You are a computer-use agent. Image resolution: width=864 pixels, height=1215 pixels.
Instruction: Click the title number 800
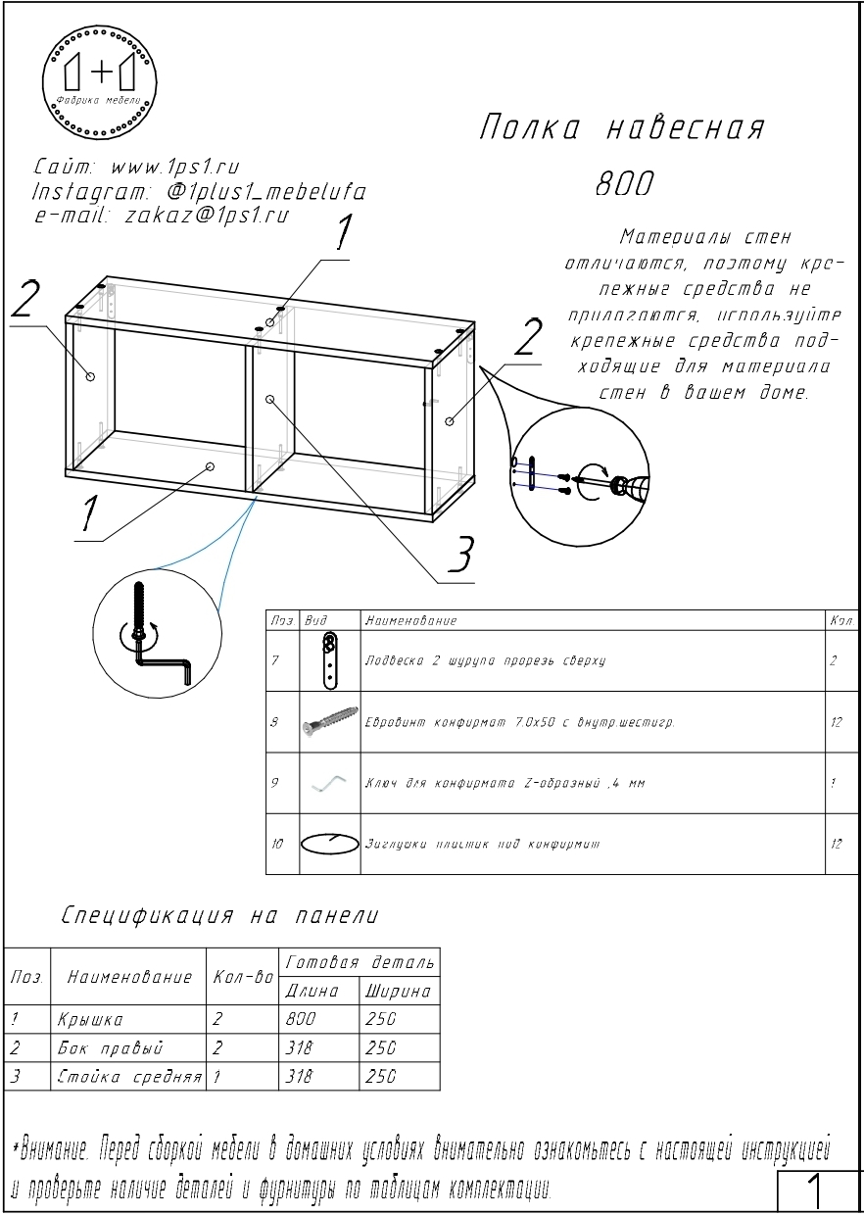click(624, 183)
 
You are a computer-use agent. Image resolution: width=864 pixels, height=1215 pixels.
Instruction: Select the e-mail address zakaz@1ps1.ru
click(207, 216)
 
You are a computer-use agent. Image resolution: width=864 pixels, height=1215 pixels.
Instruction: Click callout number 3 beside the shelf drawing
click(459, 555)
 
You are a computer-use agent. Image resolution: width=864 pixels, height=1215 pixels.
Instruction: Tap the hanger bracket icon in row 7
click(331, 660)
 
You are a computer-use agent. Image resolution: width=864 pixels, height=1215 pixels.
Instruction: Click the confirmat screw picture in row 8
click(331, 723)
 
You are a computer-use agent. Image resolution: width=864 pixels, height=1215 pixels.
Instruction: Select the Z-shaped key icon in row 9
click(330, 783)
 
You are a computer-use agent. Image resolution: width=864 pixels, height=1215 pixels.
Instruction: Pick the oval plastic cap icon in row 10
click(330, 843)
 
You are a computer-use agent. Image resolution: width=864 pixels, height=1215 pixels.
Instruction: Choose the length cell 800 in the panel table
click(300, 1020)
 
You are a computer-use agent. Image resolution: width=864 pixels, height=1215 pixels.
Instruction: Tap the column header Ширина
click(398, 992)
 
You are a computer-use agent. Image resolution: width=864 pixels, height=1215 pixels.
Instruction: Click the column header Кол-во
click(242, 978)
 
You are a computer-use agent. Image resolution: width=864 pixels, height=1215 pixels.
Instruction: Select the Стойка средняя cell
click(129, 1077)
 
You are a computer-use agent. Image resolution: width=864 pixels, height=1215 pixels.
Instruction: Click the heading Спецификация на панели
click(219, 916)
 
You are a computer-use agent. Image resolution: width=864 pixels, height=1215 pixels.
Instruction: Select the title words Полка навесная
click(622, 127)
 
